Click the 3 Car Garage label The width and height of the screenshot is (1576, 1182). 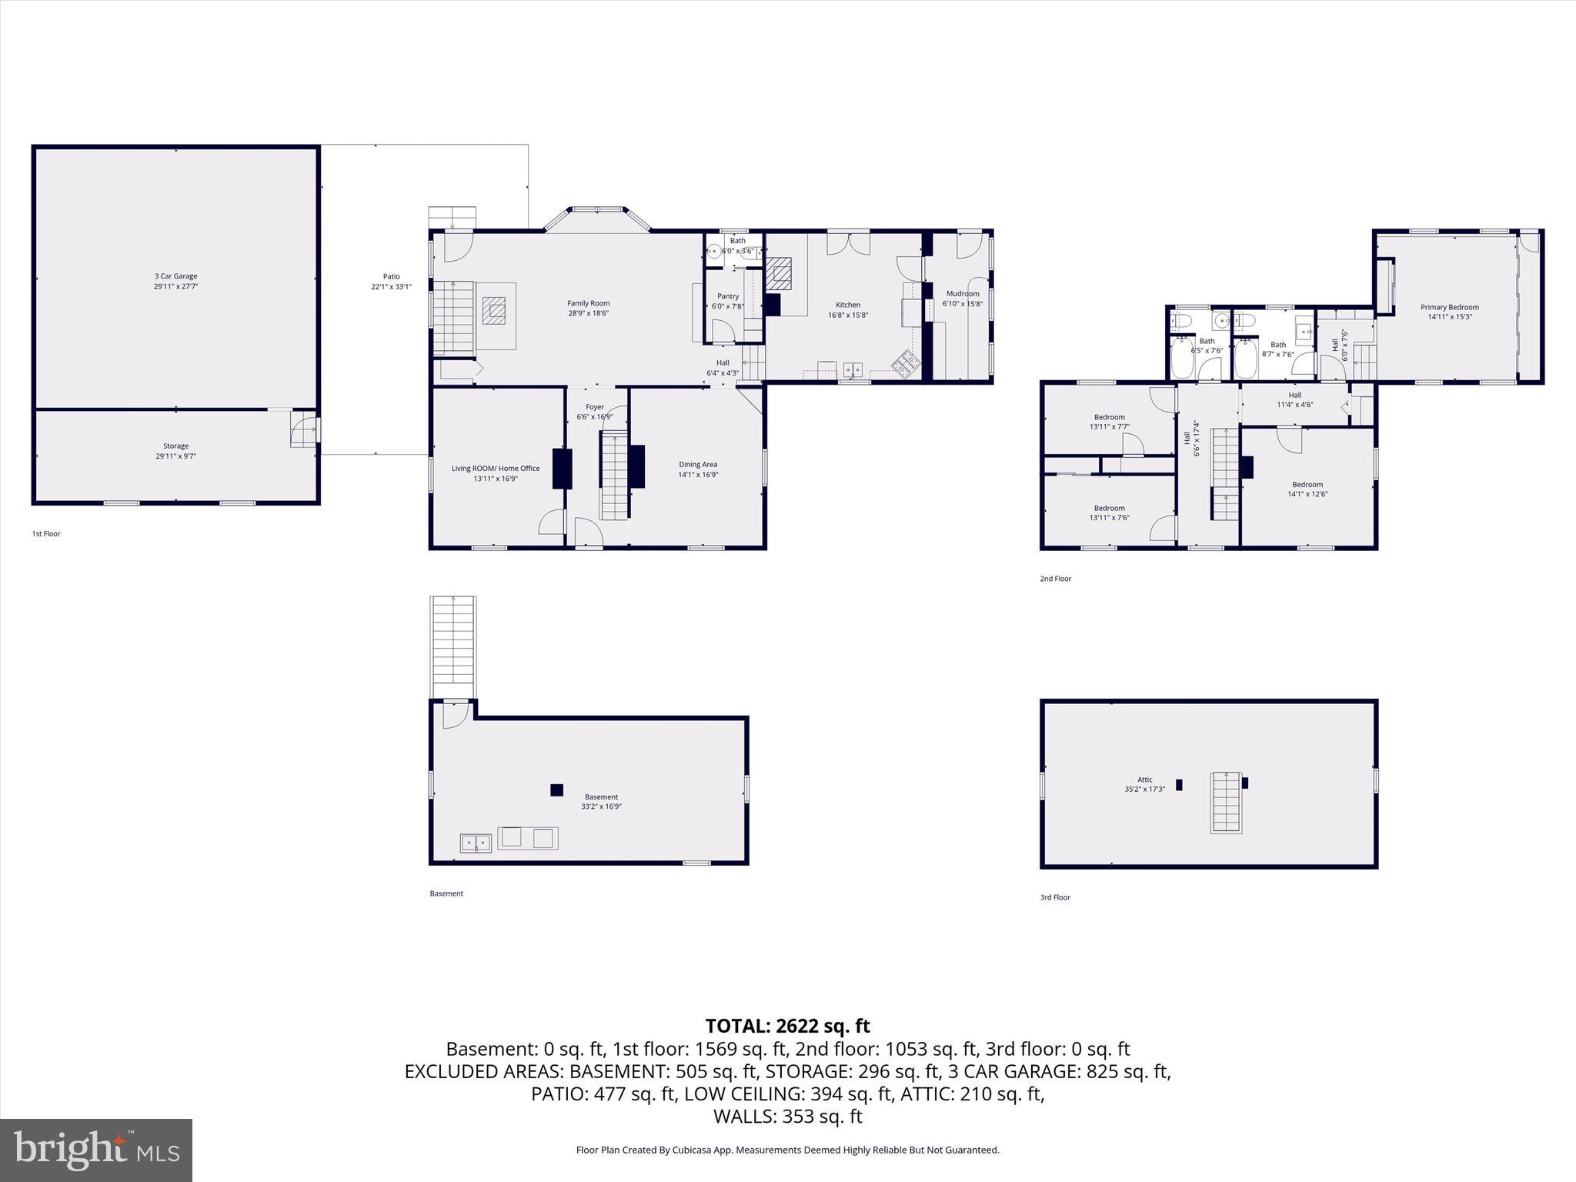[175, 276]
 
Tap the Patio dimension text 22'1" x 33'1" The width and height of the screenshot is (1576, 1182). [391, 287]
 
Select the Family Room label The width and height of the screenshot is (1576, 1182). [588, 303]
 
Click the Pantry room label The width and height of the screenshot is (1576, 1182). [727, 296]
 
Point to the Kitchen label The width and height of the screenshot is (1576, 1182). [847, 305]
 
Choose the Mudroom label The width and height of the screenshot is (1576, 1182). [962, 293]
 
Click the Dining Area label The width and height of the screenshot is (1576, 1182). [697, 464]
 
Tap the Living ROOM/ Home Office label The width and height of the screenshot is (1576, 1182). [495, 468]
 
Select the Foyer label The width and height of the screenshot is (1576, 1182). [594, 407]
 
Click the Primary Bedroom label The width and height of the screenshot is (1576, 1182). [1449, 307]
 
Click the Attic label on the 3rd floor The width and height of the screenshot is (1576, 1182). [1144, 780]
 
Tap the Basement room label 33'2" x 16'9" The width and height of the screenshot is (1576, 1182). [601, 802]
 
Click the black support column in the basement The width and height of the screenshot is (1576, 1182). [556, 790]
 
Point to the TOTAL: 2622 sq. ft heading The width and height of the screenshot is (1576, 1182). [787, 1026]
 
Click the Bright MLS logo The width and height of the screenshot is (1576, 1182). [96, 1150]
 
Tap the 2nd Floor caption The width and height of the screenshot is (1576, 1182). [1055, 579]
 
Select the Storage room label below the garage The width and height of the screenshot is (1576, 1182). [175, 446]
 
